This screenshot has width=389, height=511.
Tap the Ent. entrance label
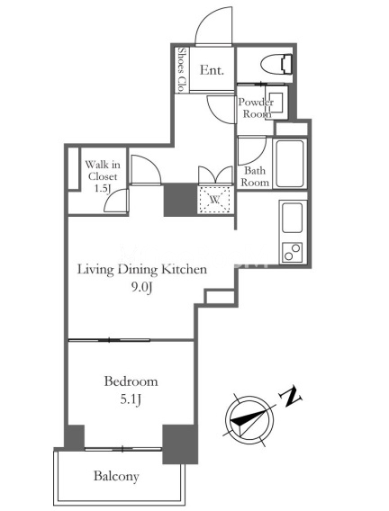click(x=212, y=70)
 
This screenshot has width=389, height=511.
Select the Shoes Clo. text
click(x=182, y=69)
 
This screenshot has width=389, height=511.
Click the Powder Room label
click(x=256, y=108)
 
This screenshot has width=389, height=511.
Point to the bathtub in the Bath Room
click(x=290, y=164)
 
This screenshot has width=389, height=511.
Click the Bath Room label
click(x=255, y=176)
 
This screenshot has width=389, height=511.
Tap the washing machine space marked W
click(x=215, y=200)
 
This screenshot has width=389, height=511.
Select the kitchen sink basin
click(x=292, y=218)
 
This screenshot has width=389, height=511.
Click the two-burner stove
click(x=292, y=252)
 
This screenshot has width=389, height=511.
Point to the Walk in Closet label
click(x=103, y=170)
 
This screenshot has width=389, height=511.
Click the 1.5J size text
click(x=102, y=188)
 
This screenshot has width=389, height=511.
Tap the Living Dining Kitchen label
click(x=142, y=270)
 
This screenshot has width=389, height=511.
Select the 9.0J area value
click(x=141, y=287)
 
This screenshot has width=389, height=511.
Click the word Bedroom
click(x=131, y=381)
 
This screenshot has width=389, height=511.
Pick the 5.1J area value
click(x=131, y=399)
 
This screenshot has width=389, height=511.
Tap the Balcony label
click(x=116, y=477)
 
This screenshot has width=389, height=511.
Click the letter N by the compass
click(x=290, y=396)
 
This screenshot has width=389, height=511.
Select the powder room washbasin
click(x=276, y=103)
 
